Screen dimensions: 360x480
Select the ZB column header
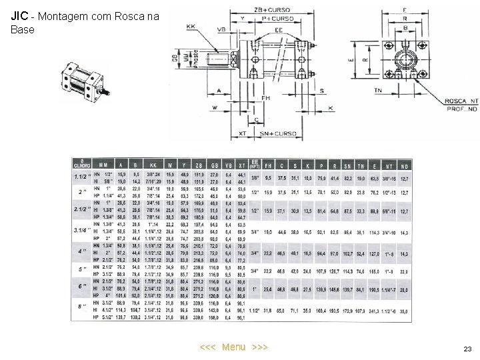click(x=199, y=165)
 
